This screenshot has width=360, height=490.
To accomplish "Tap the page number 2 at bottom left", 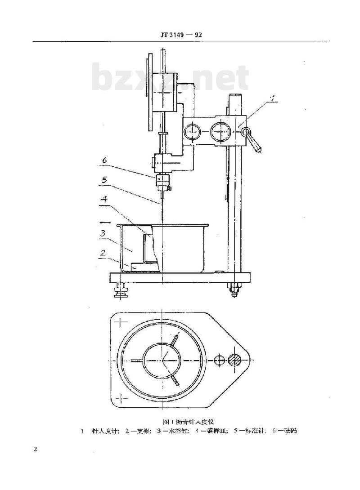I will tap(35, 450).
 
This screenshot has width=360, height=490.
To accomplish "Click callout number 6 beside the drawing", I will tap(104, 160).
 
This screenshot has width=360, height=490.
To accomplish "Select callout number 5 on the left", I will tap(104, 180).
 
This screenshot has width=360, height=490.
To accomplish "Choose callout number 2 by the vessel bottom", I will tap(103, 253).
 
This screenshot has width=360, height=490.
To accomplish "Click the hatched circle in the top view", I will tap(234, 360).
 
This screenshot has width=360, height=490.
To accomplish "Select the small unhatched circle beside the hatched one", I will tap(219, 360).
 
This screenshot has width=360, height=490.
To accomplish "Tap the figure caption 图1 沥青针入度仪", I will tap(189, 421).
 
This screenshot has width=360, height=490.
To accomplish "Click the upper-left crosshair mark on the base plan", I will tap(123, 322).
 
